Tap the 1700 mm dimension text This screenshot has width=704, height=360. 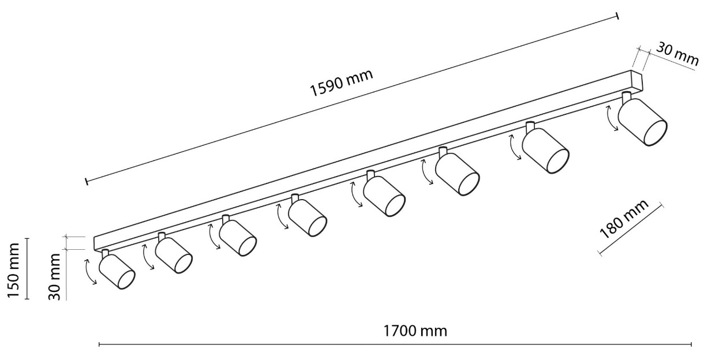tap(415, 331)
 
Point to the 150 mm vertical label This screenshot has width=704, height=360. tap(13, 271)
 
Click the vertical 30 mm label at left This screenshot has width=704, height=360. tap(54, 277)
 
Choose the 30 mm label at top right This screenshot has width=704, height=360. tap(677, 59)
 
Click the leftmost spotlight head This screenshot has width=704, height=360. tap(117, 271)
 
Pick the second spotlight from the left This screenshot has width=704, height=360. tap(174, 255)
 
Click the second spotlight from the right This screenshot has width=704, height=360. tap(545, 151)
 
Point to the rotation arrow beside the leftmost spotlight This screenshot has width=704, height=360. tap(90, 272)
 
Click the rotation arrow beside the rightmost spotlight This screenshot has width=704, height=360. tap(611, 118)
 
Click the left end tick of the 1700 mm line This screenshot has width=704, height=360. tap(99, 344)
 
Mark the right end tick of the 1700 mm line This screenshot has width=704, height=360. tap(691, 344)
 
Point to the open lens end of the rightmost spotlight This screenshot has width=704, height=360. tap(656, 133)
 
